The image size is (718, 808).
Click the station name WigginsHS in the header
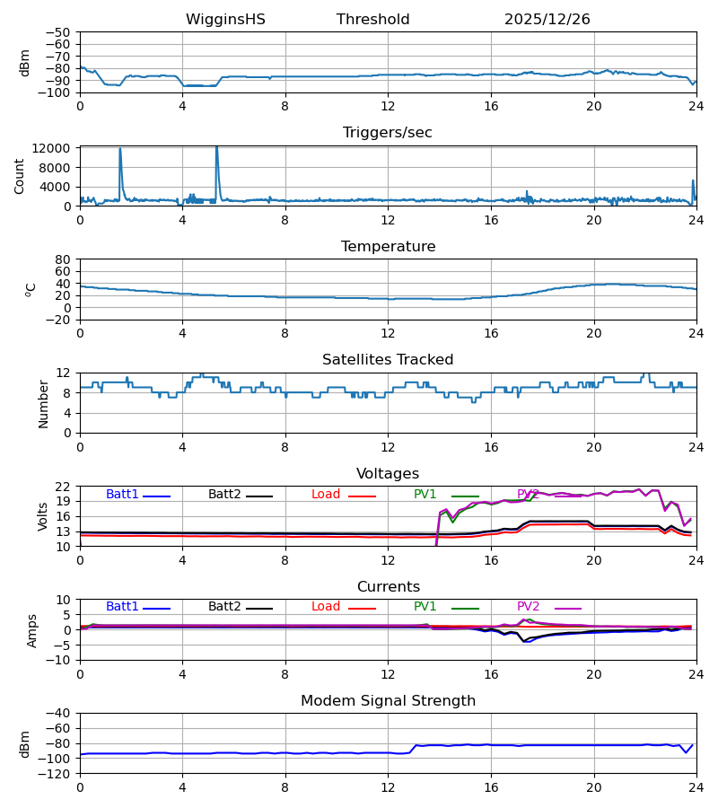(225, 20)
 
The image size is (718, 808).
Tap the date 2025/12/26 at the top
(547, 20)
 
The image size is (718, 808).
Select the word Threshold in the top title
(372, 20)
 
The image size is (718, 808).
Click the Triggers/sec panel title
(387, 133)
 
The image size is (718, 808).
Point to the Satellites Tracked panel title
(387, 360)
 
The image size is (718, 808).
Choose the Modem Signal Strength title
(387, 701)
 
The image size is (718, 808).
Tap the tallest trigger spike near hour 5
(216, 148)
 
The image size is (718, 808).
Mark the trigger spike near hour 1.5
(120, 151)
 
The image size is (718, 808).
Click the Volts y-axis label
(43, 516)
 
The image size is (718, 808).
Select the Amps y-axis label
(32, 630)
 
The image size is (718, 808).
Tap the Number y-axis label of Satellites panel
(43, 403)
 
